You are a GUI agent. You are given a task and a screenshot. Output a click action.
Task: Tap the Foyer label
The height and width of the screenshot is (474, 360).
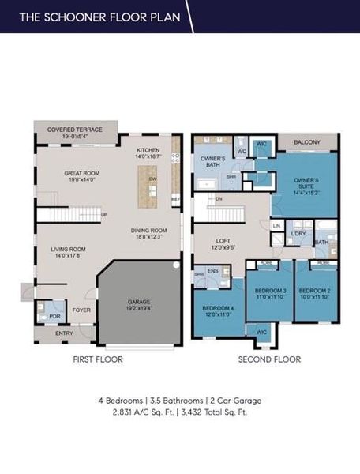point(81,310)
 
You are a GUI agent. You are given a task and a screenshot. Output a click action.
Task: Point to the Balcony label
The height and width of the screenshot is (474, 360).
point(308,143)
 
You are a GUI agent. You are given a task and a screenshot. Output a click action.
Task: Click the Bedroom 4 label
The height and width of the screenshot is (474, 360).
point(217,309)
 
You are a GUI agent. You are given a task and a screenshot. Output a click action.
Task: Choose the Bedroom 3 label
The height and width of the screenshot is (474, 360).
point(268,293)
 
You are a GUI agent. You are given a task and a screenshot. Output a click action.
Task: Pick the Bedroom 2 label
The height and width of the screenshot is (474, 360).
point(313,293)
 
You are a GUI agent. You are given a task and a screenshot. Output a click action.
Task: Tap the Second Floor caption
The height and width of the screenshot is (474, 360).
point(270,359)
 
